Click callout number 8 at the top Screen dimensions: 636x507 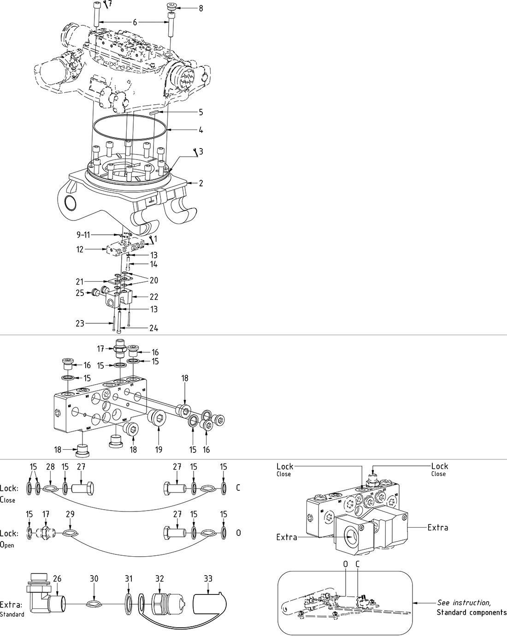click(x=200, y=8)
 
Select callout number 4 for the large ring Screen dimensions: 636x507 click(x=200, y=130)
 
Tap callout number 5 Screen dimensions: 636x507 click(x=200, y=112)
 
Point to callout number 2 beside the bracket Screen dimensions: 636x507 click(x=200, y=183)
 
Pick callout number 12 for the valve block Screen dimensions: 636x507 click(x=80, y=250)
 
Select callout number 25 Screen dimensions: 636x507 click(x=80, y=292)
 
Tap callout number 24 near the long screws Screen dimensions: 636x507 click(x=153, y=328)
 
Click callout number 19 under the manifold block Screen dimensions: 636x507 click(x=159, y=449)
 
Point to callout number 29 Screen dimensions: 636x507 click(x=70, y=514)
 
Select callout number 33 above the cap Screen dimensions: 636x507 click(x=208, y=578)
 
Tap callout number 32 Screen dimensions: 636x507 click(x=159, y=578)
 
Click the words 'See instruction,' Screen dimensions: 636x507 click(x=464, y=603)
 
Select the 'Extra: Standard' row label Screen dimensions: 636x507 click(x=12, y=607)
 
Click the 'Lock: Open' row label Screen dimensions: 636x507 click(x=9, y=537)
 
